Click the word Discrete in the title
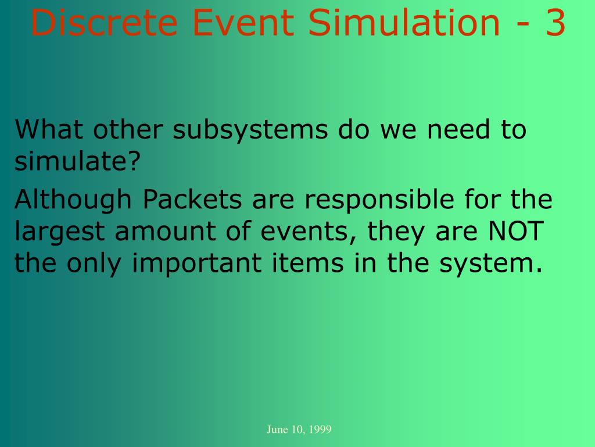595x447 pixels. (104, 23)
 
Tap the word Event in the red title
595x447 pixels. (243, 23)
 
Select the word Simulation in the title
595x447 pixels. (404, 23)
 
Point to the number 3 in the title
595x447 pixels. (555, 23)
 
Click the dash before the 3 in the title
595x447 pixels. (524, 26)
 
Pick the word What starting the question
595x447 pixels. (49, 129)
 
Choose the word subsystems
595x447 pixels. (250, 130)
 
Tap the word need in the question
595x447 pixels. (458, 129)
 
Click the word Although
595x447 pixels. (73, 200)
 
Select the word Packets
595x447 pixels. (192, 199)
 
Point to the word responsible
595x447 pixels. (379, 200)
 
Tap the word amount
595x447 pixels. (166, 232)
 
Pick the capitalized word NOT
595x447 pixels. (516, 231)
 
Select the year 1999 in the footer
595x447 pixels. (320, 430)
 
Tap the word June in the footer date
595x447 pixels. (277, 430)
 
